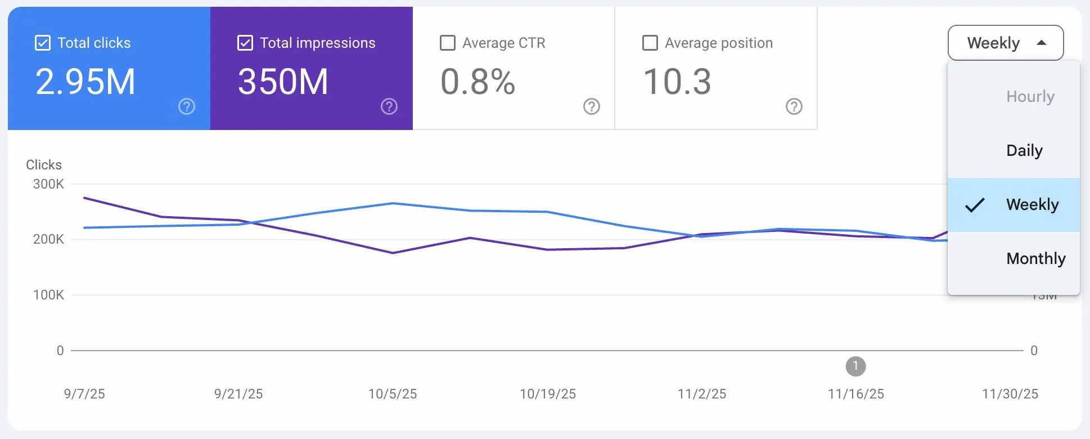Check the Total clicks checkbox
[x=43, y=43]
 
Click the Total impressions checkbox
[x=245, y=43]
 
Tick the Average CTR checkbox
[x=448, y=43]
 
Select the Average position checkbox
[x=650, y=43]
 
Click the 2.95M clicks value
[x=85, y=82]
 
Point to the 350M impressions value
[x=283, y=82]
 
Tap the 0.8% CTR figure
[x=478, y=82]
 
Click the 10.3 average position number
[x=677, y=82]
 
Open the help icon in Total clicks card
[x=187, y=106]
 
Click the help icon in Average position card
[x=794, y=106]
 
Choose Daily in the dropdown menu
[x=1024, y=150]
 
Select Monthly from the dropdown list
[x=1035, y=258]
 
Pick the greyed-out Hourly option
[x=1030, y=96]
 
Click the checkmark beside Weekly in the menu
[x=975, y=205]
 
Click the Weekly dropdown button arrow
[x=1042, y=43]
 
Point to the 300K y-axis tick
[x=48, y=184]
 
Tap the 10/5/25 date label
[x=393, y=394]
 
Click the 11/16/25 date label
[x=855, y=394]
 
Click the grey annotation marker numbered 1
[x=855, y=366]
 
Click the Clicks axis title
[x=44, y=165]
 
